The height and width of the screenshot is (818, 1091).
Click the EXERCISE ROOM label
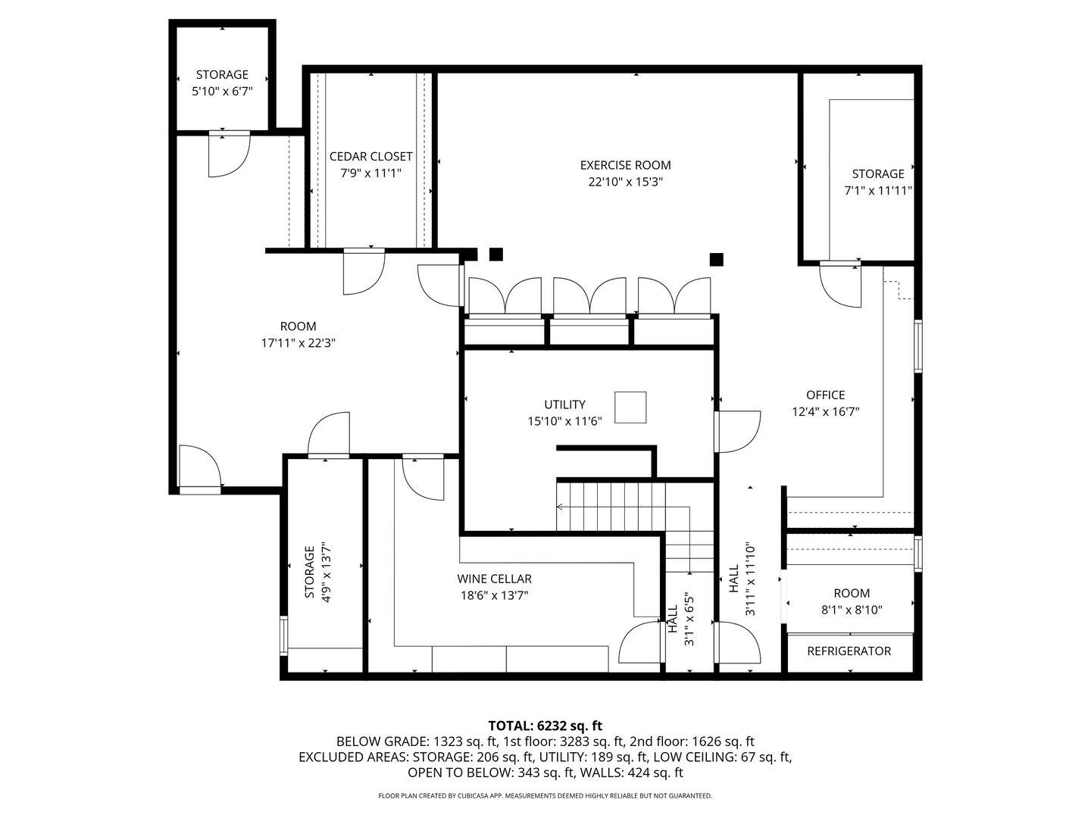tap(625, 165)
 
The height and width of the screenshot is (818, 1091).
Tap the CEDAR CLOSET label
tap(370, 157)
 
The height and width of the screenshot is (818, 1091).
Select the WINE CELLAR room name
tap(494, 579)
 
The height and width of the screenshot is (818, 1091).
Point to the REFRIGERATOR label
tap(849, 651)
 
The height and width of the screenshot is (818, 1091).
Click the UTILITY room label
tap(564, 404)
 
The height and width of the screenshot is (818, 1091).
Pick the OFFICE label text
tap(825, 395)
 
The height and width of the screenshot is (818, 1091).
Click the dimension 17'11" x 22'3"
tap(298, 343)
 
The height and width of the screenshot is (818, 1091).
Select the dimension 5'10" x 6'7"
tap(222, 91)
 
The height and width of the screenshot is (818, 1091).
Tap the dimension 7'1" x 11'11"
tap(878, 191)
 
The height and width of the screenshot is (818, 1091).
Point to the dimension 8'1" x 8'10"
tap(852, 610)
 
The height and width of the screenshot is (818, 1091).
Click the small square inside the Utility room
tap(630, 407)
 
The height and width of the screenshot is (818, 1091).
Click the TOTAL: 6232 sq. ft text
tap(545, 726)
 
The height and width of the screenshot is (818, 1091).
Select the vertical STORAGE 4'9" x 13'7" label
tap(317, 572)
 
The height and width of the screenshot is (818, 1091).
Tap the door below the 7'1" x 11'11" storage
tap(841, 286)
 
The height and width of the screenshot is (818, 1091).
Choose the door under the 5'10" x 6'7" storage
tap(228, 155)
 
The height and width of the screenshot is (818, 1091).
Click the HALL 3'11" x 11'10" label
tap(740, 579)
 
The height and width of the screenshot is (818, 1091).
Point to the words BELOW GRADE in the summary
tap(382, 742)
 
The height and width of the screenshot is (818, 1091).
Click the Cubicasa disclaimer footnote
tap(545, 796)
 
